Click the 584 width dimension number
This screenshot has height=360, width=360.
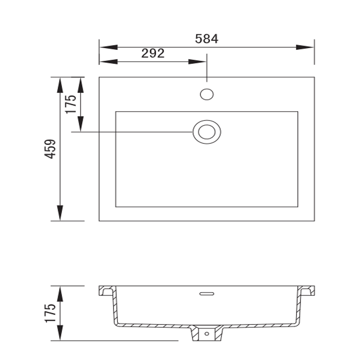[207, 39]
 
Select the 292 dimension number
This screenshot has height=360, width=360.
[153, 53]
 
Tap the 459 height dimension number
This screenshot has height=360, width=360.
[50, 149]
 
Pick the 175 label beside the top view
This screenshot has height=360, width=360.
[71, 104]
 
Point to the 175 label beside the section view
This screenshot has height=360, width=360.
[50, 313]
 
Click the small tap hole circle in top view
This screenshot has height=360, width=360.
[207, 94]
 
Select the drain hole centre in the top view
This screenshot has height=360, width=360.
[207, 132]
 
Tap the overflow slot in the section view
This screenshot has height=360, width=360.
[207, 294]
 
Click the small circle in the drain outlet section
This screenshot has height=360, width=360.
[207, 333]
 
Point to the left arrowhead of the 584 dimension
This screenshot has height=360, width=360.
[108, 47]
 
